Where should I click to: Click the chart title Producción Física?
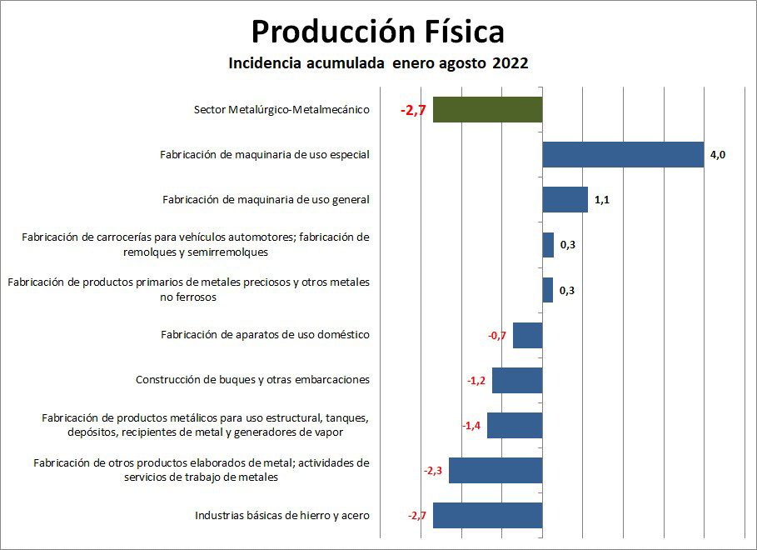click(377, 32)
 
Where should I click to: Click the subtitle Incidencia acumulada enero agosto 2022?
click(378, 63)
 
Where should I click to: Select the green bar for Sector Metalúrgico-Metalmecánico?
click(487, 110)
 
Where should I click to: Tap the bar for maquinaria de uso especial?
click(622, 154)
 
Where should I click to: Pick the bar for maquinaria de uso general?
click(565, 200)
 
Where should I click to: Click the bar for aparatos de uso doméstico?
click(527, 335)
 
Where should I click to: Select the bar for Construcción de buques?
click(516, 380)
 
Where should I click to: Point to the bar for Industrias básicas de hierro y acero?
click(487, 515)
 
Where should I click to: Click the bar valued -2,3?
click(495, 470)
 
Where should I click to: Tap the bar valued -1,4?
click(514, 425)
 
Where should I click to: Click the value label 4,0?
click(717, 154)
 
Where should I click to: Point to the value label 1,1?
click(602, 200)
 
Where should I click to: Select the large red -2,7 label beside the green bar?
click(413, 110)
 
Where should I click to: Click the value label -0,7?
click(497, 335)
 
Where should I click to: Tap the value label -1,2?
click(476, 380)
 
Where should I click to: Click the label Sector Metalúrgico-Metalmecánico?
click(281, 110)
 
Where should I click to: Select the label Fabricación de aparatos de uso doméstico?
click(265, 335)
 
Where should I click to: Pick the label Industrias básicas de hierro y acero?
click(281, 515)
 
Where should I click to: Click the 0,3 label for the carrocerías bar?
click(568, 245)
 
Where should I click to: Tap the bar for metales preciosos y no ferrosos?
click(547, 290)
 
